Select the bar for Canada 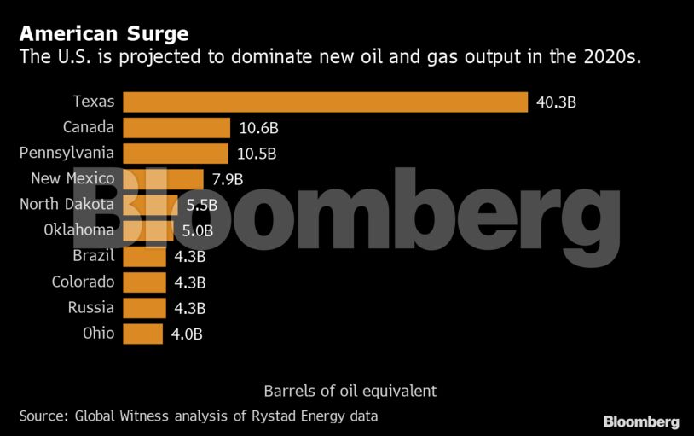click(x=176, y=128)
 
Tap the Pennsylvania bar click(x=176, y=154)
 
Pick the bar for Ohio click(x=142, y=334)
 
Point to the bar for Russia click(x=144, y=308)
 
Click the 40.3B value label click(x=557, y=102)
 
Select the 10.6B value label click(x=258, y=129)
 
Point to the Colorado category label click(x=83, y=282)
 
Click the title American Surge click(x=104, y=34)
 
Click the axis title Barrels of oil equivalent click(x=350, y=391)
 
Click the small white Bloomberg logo click(x=641, y=421)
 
